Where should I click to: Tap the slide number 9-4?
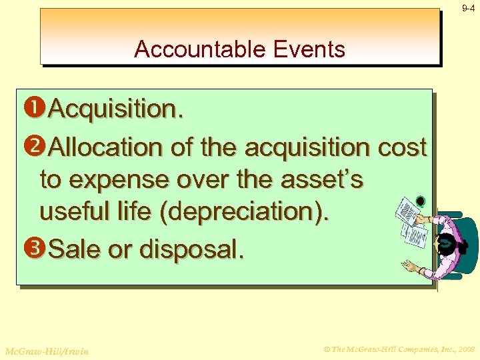coord(468,9)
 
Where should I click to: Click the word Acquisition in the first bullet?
coord(113,109)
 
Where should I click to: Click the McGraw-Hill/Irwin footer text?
coord(46,350)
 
